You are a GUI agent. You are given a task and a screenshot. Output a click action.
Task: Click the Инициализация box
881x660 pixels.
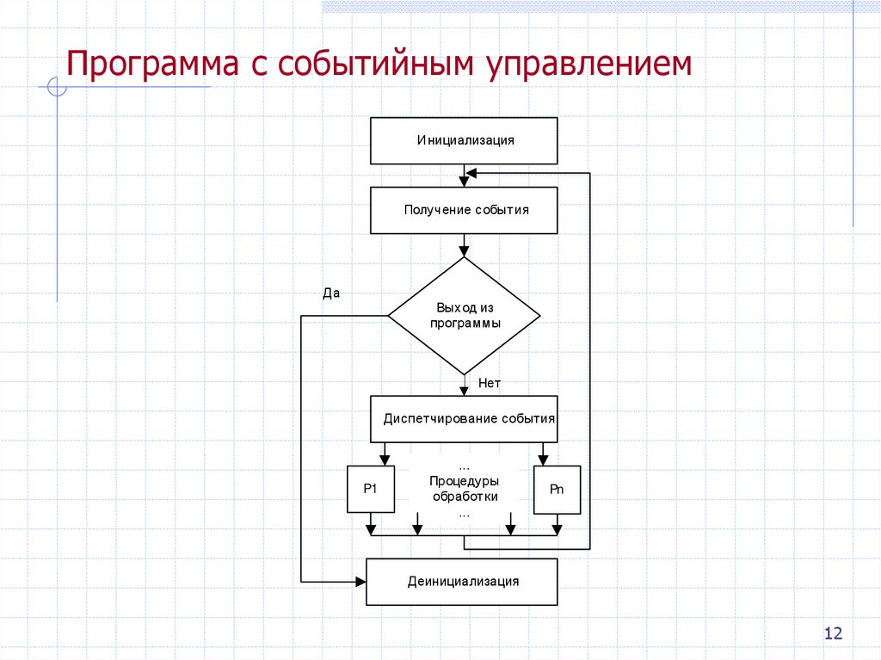[464, 140]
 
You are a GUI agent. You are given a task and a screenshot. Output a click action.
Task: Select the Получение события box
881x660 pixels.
[464, 210]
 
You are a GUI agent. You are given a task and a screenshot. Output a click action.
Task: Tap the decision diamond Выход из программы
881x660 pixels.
[464, 316]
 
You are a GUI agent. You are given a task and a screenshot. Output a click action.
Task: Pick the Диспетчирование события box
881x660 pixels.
[464, 419]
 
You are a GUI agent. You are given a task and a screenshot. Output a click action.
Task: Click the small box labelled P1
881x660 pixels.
[371, 489]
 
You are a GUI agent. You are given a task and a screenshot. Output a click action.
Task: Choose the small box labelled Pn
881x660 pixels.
[557, 489]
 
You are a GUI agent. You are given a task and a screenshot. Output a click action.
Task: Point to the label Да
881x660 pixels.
[331, 293]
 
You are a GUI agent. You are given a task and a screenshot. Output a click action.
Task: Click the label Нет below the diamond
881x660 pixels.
[490, 383]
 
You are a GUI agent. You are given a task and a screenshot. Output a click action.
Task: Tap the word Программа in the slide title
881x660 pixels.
[155, 66]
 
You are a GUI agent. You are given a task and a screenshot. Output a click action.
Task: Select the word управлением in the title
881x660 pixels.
[592, 66]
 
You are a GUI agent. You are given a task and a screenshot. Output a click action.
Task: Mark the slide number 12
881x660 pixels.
[833, 634]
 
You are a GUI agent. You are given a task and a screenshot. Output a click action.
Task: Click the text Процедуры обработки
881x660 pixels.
[464, 489]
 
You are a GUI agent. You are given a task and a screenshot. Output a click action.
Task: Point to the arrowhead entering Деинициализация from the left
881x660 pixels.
[360, 582]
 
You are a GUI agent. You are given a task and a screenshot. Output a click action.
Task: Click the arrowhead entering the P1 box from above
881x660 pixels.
[384, 460]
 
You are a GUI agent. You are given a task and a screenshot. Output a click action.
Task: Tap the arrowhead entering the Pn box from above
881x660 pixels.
[544, 460]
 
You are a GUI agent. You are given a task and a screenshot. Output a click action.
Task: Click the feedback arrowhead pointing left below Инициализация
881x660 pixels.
[471, 173]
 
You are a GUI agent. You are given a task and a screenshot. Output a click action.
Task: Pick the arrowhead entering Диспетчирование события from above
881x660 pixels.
[464, 390]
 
